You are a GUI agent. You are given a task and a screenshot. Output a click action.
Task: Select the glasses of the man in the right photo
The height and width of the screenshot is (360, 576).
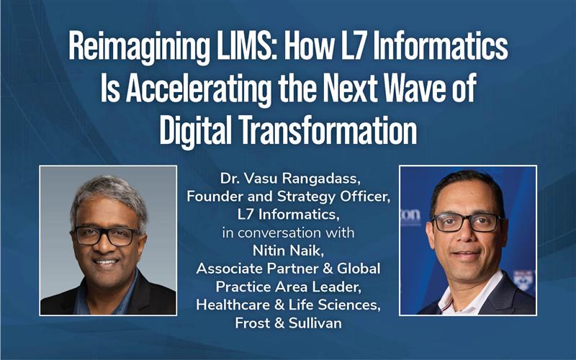[463, 223]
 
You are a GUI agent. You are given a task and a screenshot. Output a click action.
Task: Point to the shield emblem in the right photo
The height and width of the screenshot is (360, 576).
[523, 280]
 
